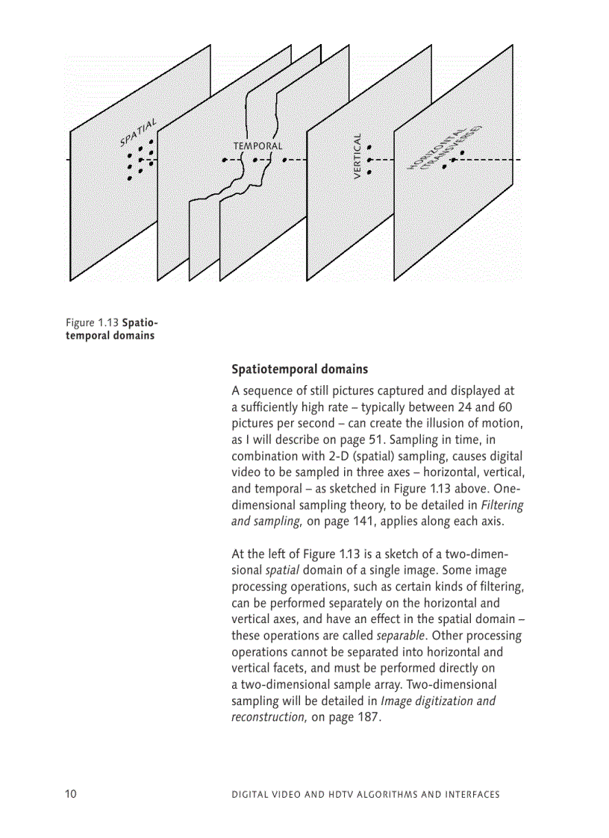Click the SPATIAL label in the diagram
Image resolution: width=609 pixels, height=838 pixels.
[x=138, y=132]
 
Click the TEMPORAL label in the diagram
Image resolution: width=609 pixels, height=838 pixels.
[x=257, y=146]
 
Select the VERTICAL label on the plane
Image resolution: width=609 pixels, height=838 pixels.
[x=357, y=156]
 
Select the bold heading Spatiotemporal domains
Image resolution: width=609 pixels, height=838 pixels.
[x=299, y=369]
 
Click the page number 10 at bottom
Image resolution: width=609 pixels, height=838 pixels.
[x=71, y=794]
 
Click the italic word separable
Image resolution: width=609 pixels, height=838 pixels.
[x=401, y=636]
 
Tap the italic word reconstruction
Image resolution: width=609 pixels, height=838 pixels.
[x=268, y=718]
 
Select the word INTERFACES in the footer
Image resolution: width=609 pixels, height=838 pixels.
[x=472, y=795]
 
